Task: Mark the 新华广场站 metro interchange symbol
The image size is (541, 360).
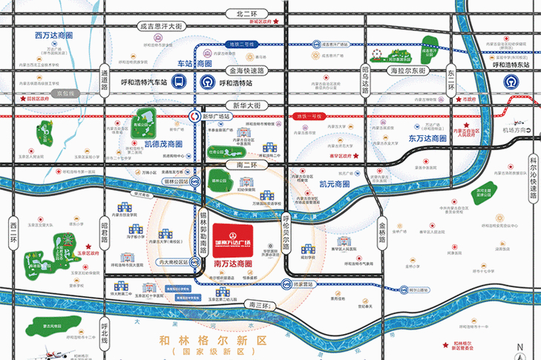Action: [194, 115]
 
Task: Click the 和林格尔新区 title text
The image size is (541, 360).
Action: [212, 339]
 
